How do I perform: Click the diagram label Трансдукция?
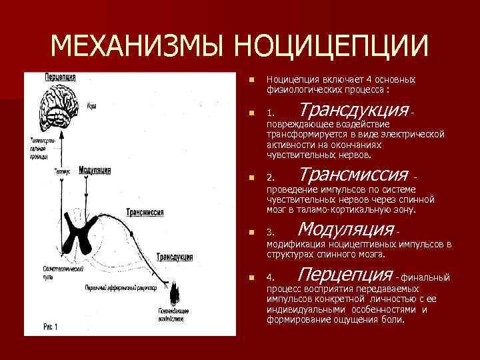click(x=175, y=257)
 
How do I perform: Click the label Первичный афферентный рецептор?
click(x=120, y=287)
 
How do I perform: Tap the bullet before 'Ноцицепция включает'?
click(x=249, y=79)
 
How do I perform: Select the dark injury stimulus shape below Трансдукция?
click(x=176, y=293)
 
